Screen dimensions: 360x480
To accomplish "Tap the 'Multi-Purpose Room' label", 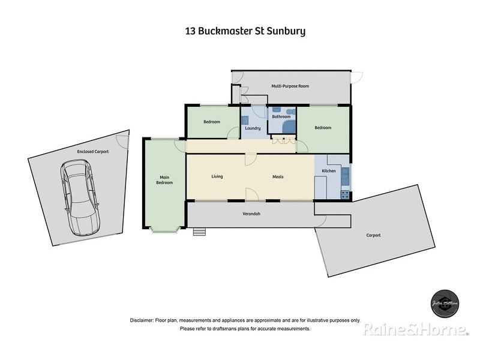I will point(290,86).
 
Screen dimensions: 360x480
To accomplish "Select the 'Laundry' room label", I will point(252,128).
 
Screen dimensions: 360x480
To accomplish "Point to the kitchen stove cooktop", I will point(345,194).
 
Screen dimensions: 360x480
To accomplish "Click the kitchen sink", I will point(345,175).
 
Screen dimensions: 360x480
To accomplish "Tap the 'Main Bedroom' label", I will point(164,179).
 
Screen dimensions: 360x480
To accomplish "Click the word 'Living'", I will point(217,176).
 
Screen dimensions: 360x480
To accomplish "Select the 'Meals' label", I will point(278,176).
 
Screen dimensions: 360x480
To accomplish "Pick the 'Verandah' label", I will point(251,214).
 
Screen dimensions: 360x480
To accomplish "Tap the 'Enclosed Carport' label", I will point(93,152).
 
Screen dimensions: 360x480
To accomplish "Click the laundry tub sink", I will point(245,120).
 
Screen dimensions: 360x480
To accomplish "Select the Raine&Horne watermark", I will point(415,329).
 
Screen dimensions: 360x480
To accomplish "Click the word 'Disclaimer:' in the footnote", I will point(142,320).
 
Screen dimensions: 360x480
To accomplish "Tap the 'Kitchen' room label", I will point(329,172).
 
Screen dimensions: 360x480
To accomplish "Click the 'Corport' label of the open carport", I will point(373,235).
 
